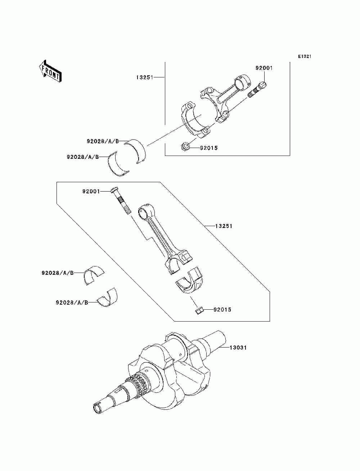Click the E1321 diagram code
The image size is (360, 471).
click(304, 57)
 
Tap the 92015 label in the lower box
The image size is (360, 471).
click(222, 310)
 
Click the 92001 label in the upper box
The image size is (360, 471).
click(264, 68)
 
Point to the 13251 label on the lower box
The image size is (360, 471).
click(224, 226)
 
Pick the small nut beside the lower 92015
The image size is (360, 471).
click(200, 310)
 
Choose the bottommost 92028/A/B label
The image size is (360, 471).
click(72, 302)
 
